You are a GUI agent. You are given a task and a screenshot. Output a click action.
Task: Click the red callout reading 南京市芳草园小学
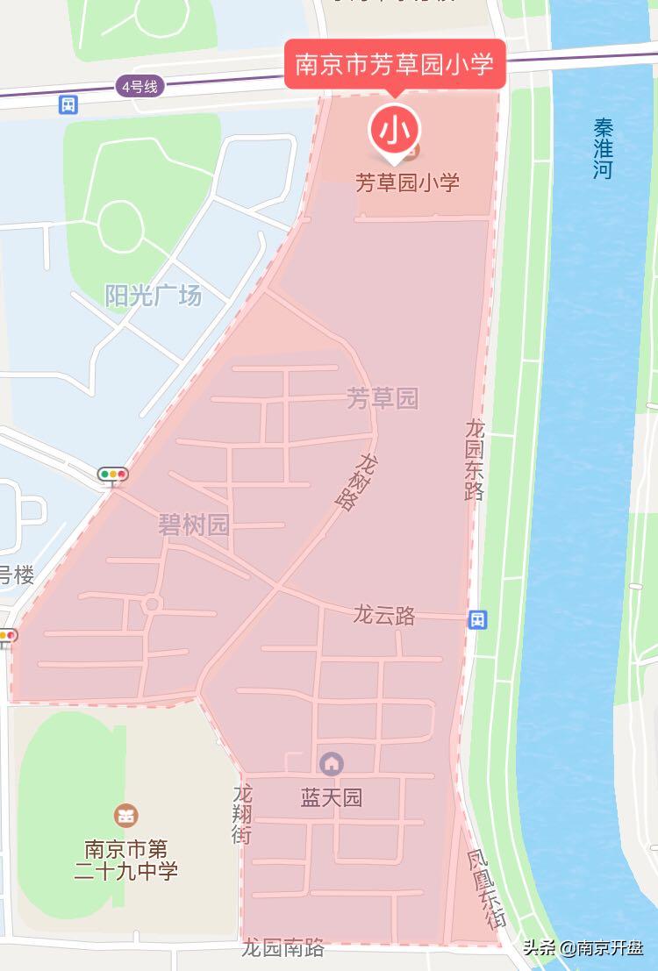[x=395, y=64]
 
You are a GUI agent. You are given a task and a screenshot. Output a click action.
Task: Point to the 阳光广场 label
[x=154, y=296]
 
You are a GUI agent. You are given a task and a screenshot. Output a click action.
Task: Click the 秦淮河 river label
[x=603, y=148]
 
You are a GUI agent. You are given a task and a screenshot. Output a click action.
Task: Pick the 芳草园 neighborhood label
[x=383, y=399]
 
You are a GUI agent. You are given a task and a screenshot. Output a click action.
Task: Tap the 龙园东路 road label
[x=475, y=460]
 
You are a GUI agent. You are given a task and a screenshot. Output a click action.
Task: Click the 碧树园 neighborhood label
[x=194, y=525]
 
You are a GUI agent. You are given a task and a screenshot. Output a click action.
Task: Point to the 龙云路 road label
[x=384, y=614]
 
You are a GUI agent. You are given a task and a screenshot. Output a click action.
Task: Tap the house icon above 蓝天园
[x=331, y=764]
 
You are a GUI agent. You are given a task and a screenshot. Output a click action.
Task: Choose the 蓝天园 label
[x=332, y=798]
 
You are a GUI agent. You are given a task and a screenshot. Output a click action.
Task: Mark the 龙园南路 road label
[x=283, y=948]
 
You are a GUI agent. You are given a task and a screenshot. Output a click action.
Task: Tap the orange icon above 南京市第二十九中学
[x=126, y=815]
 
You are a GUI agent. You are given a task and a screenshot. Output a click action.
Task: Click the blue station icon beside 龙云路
[x=477, y=620]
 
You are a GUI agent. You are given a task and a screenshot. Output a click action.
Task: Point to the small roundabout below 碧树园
[x=152, y=603]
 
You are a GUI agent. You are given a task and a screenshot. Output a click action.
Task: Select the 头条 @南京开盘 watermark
[x=583, y=947]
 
